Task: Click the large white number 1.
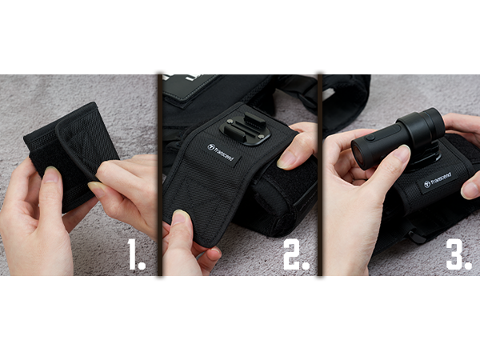(132, 254)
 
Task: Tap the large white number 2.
(292, 254)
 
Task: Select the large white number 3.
(454, 254)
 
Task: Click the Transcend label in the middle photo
(221, 153)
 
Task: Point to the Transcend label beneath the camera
(438, 181)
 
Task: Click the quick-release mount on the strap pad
(245, 130)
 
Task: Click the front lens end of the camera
(358, 155)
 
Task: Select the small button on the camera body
(370, 138)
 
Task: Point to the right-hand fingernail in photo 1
(96, 188)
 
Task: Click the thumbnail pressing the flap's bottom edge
(181, 217)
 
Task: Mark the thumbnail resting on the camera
(402, 153)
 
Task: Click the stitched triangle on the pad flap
(196, 196)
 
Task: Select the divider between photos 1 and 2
(159, 174)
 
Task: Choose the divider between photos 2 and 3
(320, 174)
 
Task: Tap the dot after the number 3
(468, 265)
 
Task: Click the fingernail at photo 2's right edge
(286, 161)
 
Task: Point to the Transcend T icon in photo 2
(210, 147)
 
